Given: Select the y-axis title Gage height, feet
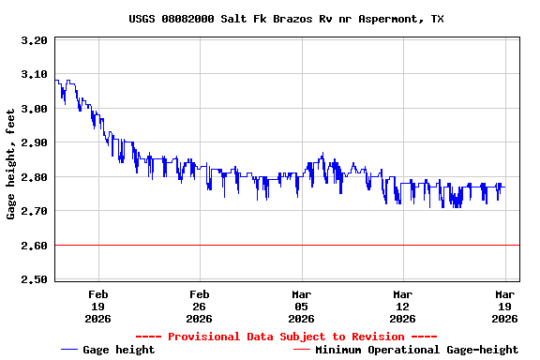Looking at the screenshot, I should (11, 164).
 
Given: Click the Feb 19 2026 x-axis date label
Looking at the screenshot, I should (98, 306).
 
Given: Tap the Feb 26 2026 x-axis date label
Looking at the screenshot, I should (200, 306).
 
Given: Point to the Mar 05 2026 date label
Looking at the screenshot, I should (301, 306).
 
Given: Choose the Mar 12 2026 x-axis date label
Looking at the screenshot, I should (402, 306).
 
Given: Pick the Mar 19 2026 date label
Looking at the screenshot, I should (503, 306).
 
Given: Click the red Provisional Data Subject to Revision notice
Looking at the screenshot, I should (286, 337).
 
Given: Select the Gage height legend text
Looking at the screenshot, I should (119, 350).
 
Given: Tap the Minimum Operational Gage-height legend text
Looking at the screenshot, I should (416, 350).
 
